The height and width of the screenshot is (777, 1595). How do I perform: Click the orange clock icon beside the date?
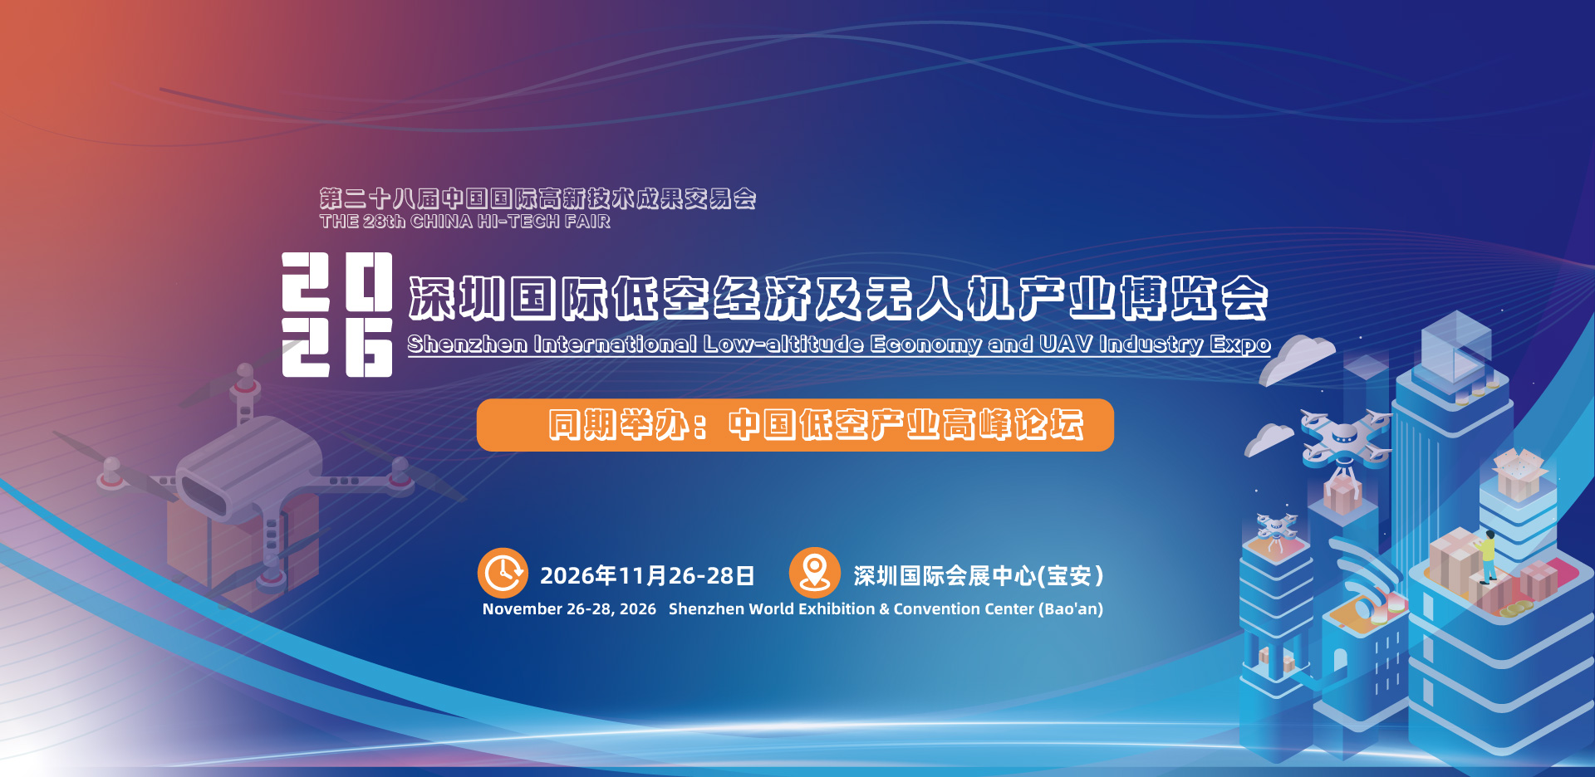503,573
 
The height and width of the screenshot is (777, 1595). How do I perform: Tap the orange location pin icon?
814,573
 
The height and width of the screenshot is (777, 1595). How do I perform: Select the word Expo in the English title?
1240,345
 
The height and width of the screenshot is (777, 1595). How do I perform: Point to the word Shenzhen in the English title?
467,344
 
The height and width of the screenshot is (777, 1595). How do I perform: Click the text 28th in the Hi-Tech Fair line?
384,222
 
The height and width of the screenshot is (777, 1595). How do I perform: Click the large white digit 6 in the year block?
368,348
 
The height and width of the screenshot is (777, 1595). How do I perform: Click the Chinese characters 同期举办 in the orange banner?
617,424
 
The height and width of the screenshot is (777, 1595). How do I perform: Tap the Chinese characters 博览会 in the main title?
1194,298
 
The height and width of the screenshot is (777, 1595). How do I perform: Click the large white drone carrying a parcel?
1344,437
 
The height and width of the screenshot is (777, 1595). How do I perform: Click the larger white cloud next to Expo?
1298,359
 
